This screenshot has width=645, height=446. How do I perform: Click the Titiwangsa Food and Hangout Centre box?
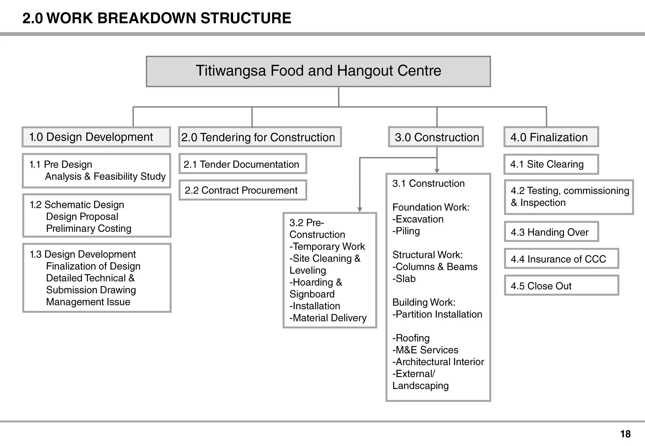coord(318,71)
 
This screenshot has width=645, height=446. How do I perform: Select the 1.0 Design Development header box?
coord(96,137)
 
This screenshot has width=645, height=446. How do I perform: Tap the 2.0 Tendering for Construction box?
coord(260,137)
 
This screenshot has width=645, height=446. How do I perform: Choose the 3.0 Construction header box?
coord(436,137)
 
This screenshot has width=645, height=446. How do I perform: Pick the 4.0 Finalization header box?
coord(551,137)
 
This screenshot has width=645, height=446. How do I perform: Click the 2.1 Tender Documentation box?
coord(243,164)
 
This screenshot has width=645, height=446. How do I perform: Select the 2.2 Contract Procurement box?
coord(243,190)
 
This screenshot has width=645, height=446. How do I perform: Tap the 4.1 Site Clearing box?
coord(551,164)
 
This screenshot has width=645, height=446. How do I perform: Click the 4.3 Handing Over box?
coord(551,232)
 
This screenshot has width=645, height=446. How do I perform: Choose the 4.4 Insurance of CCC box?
coord(561,259)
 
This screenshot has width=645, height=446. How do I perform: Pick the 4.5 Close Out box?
coord(561,286)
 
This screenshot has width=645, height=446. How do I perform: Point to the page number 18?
coord(625,434)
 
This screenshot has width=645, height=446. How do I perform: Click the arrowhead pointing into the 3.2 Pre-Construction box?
coord(360,210)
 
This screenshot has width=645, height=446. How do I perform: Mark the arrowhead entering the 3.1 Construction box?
coord(437,171)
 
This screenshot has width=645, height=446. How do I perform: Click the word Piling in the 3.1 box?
coord(408,231)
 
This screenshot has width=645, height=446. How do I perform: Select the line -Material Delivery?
coord(328,318)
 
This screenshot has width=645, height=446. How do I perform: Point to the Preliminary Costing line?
coord(88,228)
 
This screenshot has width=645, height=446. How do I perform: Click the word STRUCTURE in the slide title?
coord(246,18)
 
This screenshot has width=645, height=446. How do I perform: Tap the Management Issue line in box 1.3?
coord(88,302)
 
